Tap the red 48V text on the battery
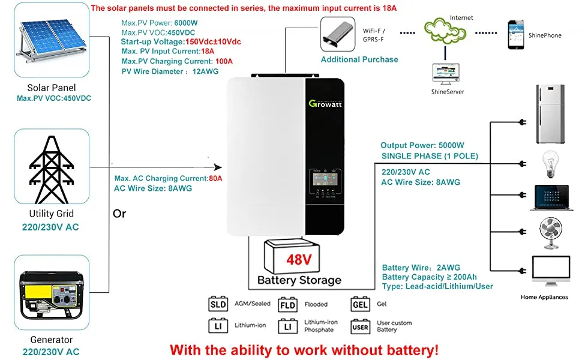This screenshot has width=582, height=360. coord(298,260)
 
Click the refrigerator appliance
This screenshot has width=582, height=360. coord(550,113)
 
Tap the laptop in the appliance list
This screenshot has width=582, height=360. coord(550,197)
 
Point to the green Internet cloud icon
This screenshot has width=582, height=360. coord(445,30)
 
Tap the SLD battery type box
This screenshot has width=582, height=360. coord(218,304)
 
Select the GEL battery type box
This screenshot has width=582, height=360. coord(361,304)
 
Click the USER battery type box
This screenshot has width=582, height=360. coord(361,327)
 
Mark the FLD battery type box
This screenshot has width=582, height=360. coord(288,304)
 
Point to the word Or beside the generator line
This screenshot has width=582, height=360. coord(119,214)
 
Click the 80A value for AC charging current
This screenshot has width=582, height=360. coord(215,178)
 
